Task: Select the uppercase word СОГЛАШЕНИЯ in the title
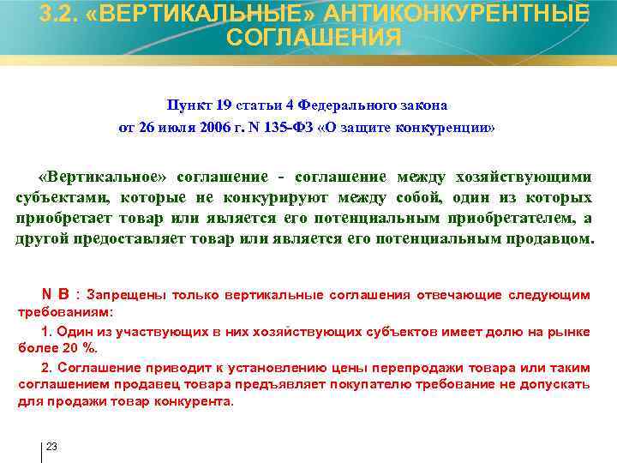[x=314, y=38]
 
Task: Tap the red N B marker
[x=57, y=295]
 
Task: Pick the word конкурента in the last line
[x=201, y=400]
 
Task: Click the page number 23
[x=51, y=448]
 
